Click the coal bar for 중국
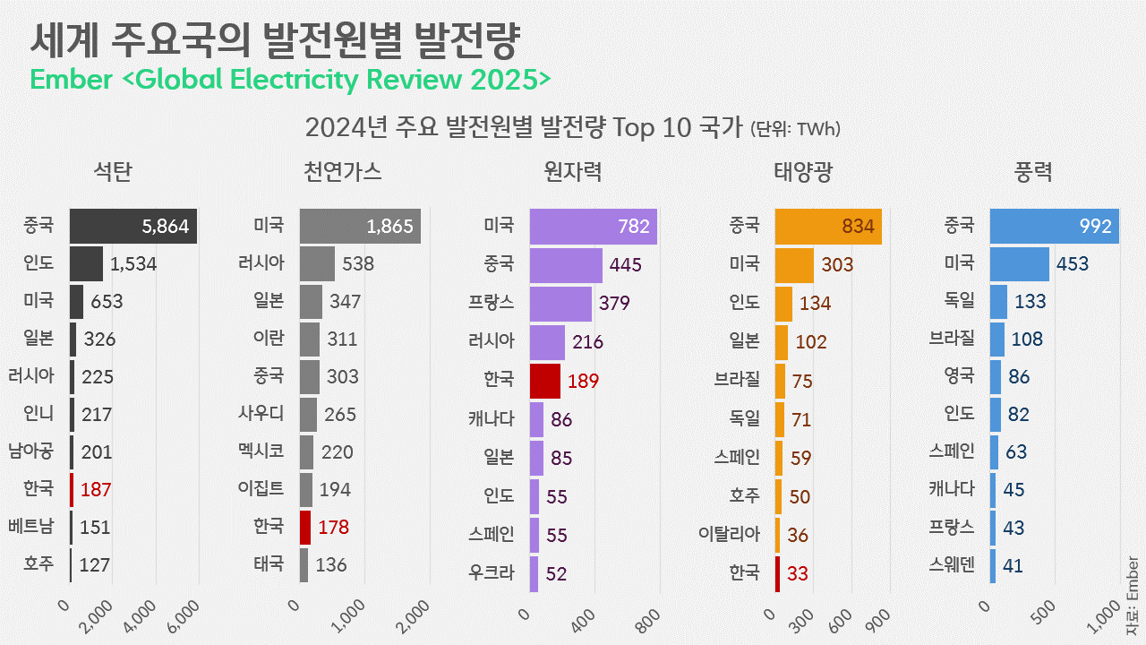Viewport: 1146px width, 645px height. pyautogui.click(x=133, y=226)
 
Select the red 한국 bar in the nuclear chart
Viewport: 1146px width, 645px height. pyautogui.click(x=545, y=380)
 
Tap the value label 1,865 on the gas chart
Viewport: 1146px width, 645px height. pyautogui.click(x=390, y=227)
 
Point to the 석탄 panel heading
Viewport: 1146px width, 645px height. pyautogui.click(x=113, y=172)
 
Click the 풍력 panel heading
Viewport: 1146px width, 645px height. pyautogui.click(x=1033, y=172)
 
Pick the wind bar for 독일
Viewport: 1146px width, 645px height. pyautogui.click(x=998, y=302)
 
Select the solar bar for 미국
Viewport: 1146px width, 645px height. pyautogui.click(x=794, y=264)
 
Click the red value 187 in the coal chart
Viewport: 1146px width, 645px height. pyautogui.click(x=95, y=490)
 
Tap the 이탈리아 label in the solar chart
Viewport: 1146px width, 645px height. pyautogui.click(x=729, y=535)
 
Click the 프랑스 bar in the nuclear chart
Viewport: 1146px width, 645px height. pyautogui.click(x=560, y=303)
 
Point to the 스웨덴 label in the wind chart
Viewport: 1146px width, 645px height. pyautogui.click(x=952, y=565)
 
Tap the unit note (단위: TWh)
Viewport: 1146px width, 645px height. pyautogui.click(x=794, y=129)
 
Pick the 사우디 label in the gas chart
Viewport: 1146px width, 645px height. pyautogui.click(x=261, y=414)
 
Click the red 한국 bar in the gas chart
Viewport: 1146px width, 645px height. pyautogui.click(x=305, y=527)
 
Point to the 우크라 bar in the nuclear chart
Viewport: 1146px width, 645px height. pyautogui.click(x=534, y=573)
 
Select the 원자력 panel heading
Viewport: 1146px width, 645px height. pyautogui.click(x=573, y=172)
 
